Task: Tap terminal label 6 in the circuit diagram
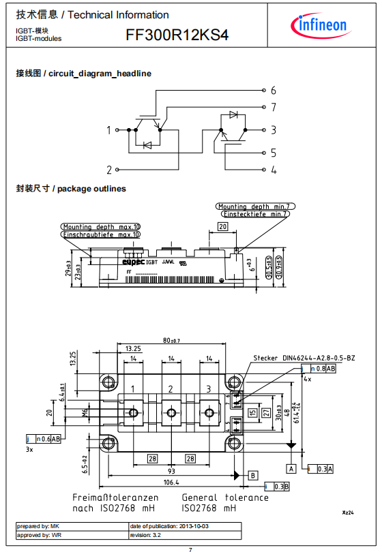[x=273, y=90]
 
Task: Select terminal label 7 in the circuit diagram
[x=273, y=108]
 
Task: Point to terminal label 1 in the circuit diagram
[x=108, y=129]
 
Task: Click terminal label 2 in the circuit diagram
[x=108, y=170]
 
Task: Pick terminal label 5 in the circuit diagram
[x=273, y=153]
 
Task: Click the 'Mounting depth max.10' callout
[x=101, y=226]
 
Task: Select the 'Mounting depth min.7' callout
[x=253, y=206]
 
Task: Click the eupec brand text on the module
[x=133, y=261]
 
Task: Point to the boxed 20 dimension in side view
[x=222, y=226]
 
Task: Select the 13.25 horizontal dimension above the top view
[x=134, y=348]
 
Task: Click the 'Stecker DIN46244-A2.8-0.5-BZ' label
[x=304, y=358]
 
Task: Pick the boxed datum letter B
[x=252, y=474]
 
